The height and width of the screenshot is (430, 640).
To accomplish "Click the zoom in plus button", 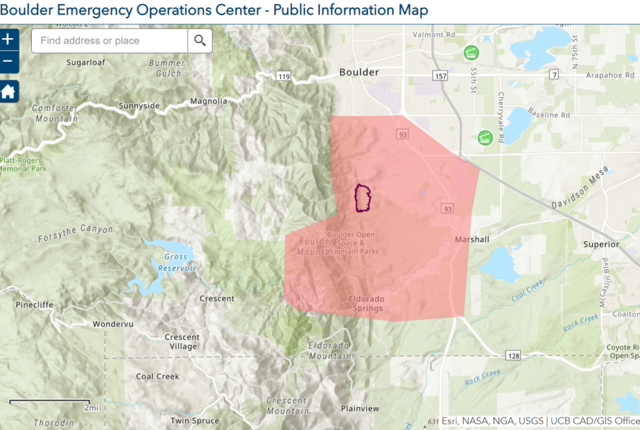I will (x=8, y=40).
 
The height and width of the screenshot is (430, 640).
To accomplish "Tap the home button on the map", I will (x=8, y=92).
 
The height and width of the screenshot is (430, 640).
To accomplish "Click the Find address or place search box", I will (x=109, y=41).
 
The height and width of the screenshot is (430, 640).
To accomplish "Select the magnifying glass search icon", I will (x=200, y=41).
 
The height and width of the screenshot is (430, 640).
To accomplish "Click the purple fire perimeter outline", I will (x=363, y=198).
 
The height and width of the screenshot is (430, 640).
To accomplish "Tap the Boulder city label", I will (x=359, y=72).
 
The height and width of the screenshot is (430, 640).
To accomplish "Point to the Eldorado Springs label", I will (x=366, y=303).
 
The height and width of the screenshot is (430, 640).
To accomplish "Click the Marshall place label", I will (x=472, y=239).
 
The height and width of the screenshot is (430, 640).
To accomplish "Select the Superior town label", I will (x=601, y=244).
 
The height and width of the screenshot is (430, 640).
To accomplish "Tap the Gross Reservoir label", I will (x=176, y=262).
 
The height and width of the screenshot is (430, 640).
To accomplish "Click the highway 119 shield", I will (x=284, y=77).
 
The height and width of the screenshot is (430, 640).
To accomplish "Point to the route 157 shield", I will (x=439, y=76).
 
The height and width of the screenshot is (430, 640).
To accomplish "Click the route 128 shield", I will (x=512, y=355).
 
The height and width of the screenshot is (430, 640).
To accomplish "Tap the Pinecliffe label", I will (x=35, y=305).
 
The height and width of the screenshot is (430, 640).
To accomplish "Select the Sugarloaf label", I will (x=86, y=62).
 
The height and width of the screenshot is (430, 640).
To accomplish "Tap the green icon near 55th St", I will (x=471, y=53).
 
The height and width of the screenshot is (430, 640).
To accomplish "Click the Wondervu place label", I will (x=113, y=325).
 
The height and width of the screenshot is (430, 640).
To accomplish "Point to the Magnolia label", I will (x=209, y=101).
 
